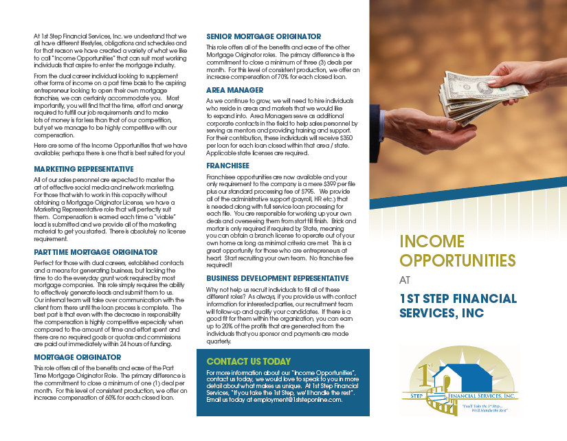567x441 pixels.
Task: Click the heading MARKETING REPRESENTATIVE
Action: (x=84, y=168)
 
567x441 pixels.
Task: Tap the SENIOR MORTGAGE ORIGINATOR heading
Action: (x=264, y=36)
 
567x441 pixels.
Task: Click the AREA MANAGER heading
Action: (x=234, y=90)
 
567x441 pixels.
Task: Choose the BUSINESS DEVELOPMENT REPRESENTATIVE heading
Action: (x=278, y=278)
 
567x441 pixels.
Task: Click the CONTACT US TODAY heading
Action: (x=248, y=361)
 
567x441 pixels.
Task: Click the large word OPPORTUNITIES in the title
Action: (x=457, y=260)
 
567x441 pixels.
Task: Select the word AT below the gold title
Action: (x=405, y=280)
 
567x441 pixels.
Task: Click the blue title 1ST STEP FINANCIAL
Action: (x=458, y=298)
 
